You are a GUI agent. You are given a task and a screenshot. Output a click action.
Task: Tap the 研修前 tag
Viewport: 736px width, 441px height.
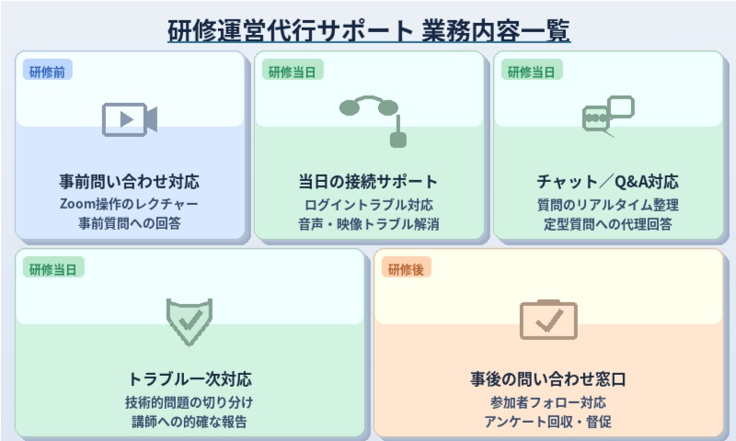[47, 71]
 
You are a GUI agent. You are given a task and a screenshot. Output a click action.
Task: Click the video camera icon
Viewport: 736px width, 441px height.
[130, 119]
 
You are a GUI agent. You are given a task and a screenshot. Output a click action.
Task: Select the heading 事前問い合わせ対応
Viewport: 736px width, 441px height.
[130, 181]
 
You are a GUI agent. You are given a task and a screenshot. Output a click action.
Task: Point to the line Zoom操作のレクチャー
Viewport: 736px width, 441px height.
[130, 203]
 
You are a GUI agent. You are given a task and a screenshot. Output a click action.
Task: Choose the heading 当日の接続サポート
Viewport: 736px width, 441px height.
[369, 181]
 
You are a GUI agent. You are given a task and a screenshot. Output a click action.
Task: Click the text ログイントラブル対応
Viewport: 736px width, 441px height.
[369, 203]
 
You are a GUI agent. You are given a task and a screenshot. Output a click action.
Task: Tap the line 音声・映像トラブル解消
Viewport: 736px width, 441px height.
[369, 223]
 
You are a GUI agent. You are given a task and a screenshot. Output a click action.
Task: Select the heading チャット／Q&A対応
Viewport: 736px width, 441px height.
[608, 181]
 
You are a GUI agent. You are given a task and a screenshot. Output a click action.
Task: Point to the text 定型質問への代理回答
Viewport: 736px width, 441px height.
[608, 223]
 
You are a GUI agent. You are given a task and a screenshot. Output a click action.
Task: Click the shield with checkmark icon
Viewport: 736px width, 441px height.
[190, 320]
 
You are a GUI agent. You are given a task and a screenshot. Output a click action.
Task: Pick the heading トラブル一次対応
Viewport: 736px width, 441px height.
[190, 379]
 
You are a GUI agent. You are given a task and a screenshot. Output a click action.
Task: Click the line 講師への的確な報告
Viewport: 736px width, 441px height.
[190, 422]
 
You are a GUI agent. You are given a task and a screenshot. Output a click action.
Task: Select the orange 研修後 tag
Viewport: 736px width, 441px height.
[406, 268]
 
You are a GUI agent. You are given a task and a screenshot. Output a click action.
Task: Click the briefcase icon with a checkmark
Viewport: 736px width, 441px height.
[548, 319]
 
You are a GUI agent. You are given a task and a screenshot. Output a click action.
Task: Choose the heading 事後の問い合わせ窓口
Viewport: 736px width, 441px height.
[548, 379]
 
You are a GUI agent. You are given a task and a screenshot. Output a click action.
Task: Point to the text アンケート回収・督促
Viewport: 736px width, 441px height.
[548, 422]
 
